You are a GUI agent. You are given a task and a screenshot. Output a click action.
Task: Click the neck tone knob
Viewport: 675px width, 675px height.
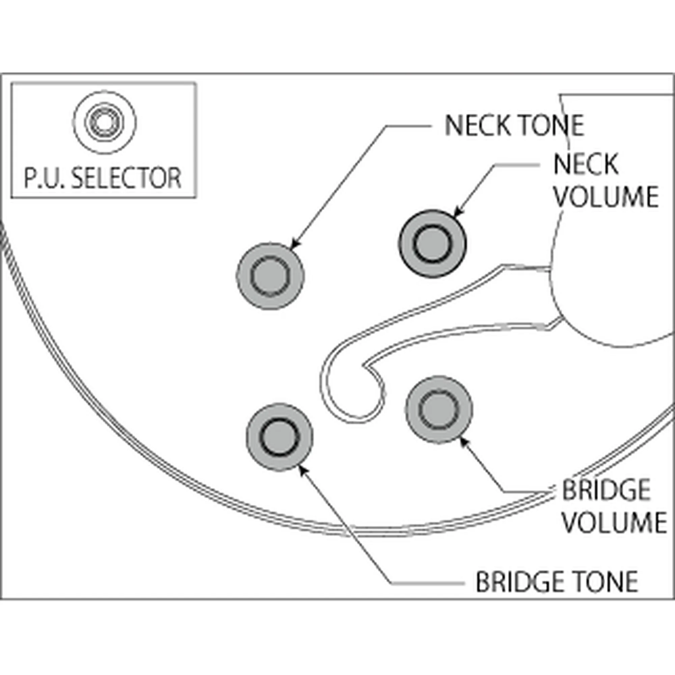270,276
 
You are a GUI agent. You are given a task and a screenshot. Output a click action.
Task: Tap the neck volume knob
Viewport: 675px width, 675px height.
432,244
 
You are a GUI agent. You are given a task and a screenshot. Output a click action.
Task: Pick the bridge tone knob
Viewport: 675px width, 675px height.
279,437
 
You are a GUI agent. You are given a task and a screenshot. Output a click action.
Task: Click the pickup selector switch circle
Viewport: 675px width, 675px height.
105,122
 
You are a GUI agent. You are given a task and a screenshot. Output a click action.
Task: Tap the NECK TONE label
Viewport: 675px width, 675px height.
514,126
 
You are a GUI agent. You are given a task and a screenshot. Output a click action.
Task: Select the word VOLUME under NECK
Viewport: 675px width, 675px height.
606,197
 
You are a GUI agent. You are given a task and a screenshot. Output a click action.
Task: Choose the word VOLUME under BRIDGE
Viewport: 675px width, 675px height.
614,522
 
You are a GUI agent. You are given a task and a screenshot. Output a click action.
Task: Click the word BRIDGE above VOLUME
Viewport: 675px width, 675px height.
606,490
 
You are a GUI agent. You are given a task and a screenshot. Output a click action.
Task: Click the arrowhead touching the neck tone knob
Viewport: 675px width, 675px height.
294,246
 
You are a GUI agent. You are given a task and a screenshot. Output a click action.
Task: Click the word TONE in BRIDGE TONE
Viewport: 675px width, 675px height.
601,582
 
